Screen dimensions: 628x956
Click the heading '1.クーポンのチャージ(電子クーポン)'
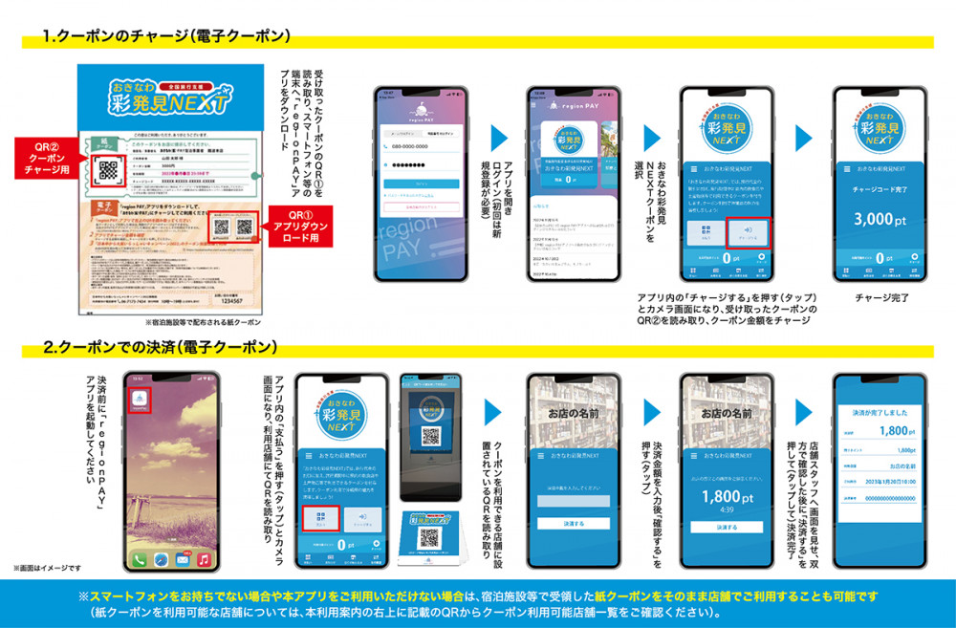click(x=166, y=37)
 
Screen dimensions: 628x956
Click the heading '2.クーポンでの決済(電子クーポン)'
click(x=166, y=351)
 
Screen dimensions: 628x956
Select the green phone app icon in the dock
click(x=141, y=558)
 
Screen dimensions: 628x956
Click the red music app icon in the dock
click(x=203, y=558)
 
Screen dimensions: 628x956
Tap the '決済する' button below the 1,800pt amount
click(x=728, y=527)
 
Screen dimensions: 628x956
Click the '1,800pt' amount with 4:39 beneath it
click(x=727, y=498)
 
